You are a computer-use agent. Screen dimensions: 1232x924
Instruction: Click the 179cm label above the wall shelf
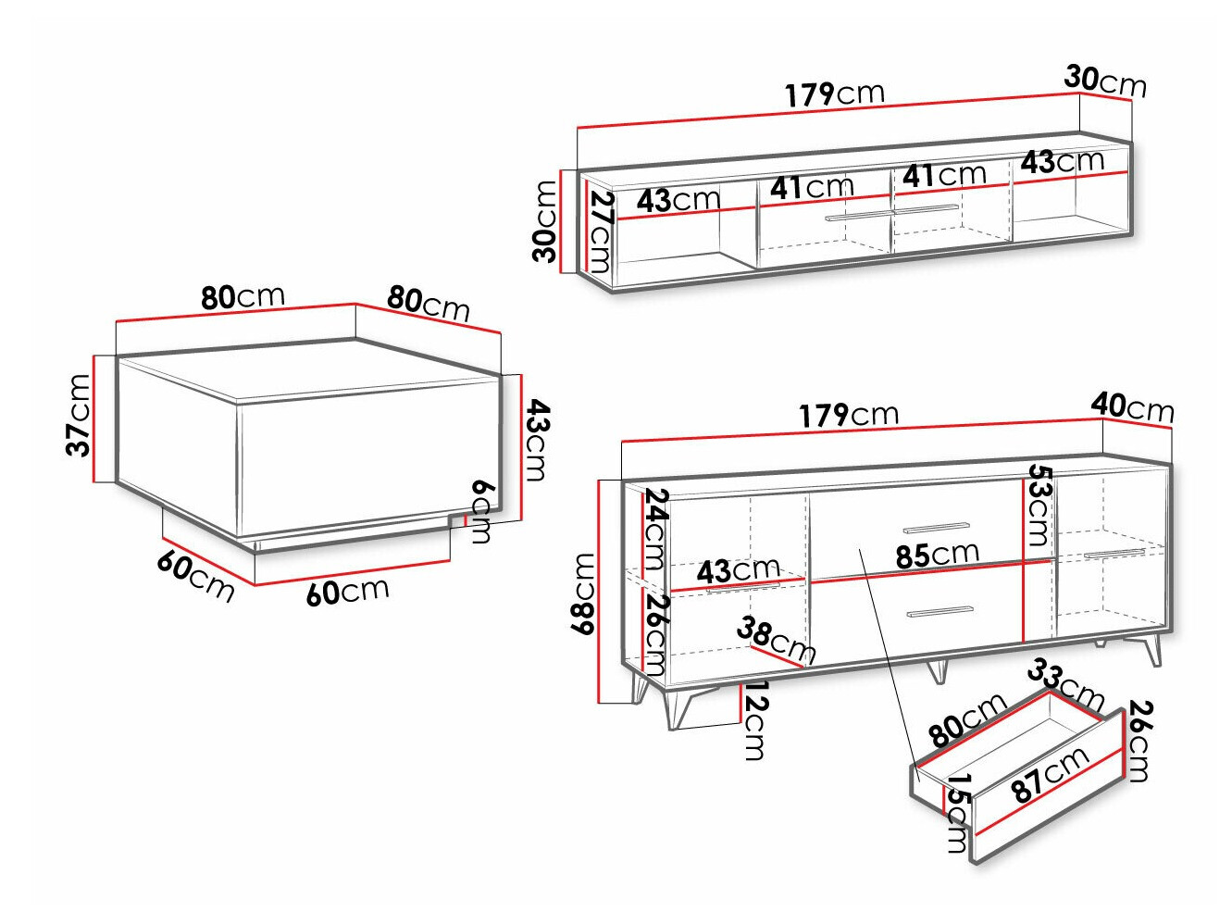(x=835, y=94)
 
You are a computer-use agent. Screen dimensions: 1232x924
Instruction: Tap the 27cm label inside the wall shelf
(x=601, y=231)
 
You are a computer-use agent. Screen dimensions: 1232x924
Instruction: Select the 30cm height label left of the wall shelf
(x=544, y=221)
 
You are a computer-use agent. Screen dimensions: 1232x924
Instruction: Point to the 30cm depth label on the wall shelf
(x=1104, y=81)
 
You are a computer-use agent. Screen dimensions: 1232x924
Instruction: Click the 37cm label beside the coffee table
(x=78, y=415)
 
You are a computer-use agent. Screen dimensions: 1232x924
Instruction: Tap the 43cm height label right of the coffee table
(x=536, y=440)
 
